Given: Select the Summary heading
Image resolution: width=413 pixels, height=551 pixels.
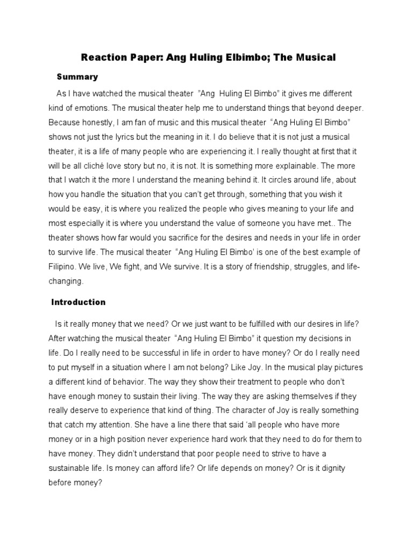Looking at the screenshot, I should click(x=77, y=77).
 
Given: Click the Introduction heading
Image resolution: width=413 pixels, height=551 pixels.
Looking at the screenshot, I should click(x=79, y=302).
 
